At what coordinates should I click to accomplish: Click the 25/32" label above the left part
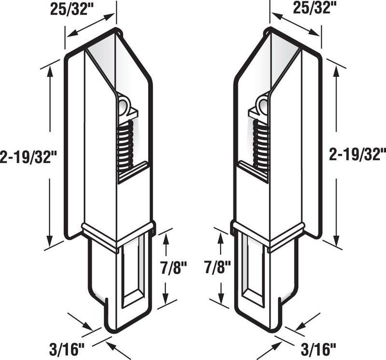pos(69,9)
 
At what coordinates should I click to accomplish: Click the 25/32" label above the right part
pos(312,8)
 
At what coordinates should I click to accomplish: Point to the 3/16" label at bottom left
pos(67,350)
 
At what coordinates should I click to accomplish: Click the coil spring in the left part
pos(125,147)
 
